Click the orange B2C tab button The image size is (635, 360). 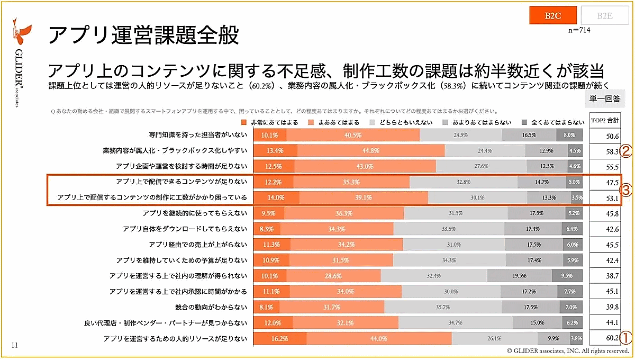pos(552,15)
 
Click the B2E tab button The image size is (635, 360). pos(604,15)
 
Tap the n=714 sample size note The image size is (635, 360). pos(579,31)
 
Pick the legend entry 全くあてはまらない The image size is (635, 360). pos(556,122)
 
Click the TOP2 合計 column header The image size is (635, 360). pos(605,121)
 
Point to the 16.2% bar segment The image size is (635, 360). pos(280,338)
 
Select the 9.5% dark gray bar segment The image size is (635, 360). pos(567,276)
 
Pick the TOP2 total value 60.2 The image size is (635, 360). pos(613,338)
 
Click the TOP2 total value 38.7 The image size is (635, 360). pos(613,276)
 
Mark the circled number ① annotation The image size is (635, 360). pos(626,337)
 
